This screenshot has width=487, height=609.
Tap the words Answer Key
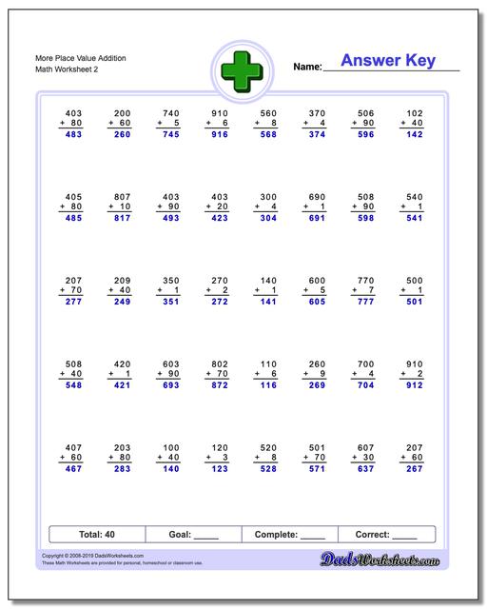pyautogui.click(x=387, y=61)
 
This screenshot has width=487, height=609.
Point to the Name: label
pyautogui.click(x=307, y=68)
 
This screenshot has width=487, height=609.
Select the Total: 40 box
pyautogui.click(x=96, y=535)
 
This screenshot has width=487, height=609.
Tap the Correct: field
pyautogui.click(x=386, y=535)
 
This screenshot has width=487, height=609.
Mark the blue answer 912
pyautogui.click(x=412, y=385)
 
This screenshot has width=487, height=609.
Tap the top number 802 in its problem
pyautogui.click(x=219, y=363)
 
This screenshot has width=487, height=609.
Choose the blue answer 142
pyautogui.click(x=412, y=135)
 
